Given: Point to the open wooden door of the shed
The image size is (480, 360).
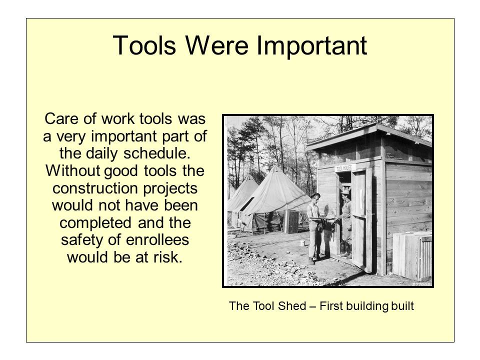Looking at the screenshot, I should click(x=361, y=220).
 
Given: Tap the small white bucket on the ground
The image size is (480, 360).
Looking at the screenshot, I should click(x=302, y=242).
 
